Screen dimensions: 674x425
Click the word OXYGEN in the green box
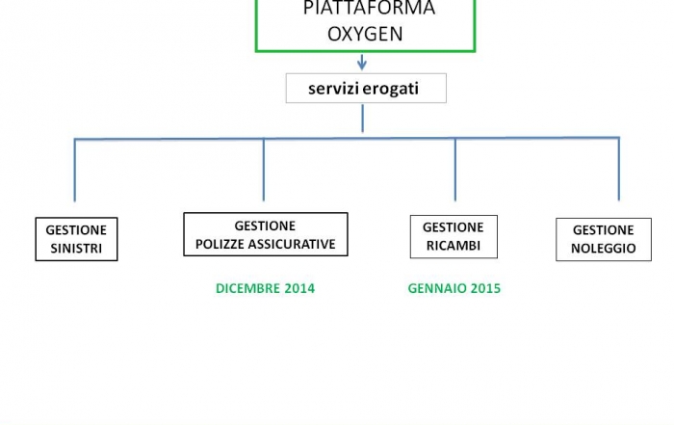pos(365,34)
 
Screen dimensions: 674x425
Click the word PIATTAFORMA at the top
pos(369,8)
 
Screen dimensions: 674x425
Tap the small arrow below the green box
pos(362,63)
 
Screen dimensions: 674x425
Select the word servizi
pos(334,89)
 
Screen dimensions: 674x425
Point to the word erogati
pos(391,89)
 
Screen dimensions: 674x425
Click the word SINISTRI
pos(76,249)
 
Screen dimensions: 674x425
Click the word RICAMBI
pos(454,246)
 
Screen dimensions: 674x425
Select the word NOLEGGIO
pos(603,249)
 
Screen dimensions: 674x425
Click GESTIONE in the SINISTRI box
pos(76,230)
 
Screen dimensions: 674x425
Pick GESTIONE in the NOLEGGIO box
pos(603,230)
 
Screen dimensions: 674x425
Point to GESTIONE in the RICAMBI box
pos(454,227)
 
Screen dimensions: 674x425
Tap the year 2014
pos(299,288)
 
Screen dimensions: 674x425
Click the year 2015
pos(485,288)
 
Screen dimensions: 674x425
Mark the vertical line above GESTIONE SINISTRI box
pos(75,170)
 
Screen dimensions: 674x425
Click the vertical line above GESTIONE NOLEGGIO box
pos(619,169)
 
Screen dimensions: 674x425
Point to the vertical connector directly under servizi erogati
pos(362,119)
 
